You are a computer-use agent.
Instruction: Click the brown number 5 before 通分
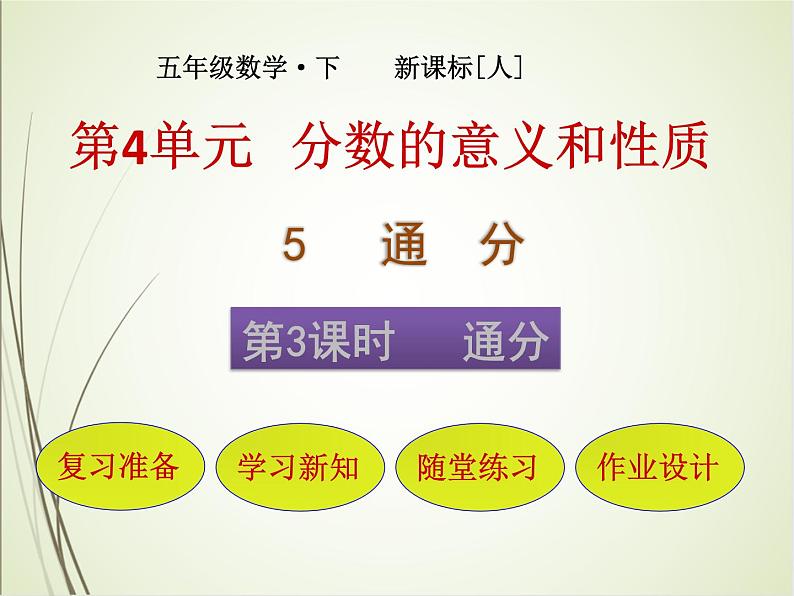(293, 245)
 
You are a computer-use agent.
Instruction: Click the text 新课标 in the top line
(434, 69)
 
